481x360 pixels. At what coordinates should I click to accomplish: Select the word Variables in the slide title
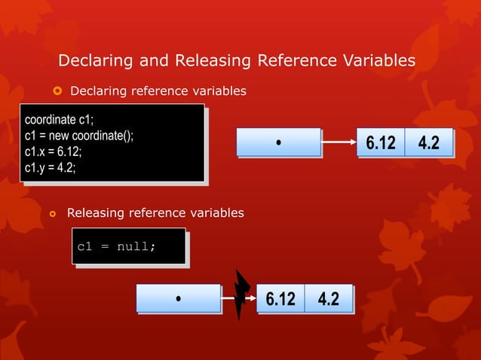(377, 60)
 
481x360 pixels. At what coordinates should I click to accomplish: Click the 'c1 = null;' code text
(117, 246)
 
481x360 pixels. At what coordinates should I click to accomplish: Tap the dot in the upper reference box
(278, 142)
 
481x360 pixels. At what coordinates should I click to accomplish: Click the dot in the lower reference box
(178, 298)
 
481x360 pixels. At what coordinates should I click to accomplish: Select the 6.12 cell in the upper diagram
(381, 142)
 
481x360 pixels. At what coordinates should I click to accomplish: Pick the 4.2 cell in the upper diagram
(428, 142)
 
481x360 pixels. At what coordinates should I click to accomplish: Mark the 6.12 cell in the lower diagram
(280, 298)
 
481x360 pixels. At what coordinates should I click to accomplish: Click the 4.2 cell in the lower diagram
(328, 298)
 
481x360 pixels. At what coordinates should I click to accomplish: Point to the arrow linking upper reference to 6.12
(339, 142)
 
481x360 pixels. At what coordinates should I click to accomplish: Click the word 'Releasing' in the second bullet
(94, 213)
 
